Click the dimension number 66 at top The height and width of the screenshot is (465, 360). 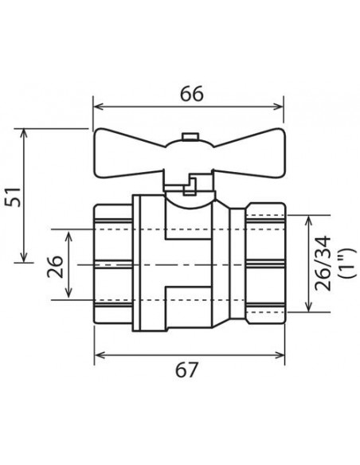click(192, 93)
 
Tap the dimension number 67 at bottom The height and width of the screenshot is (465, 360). click(186, 369)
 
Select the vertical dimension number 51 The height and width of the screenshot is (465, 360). click(14, 197)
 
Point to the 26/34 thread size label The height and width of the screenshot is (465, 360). click(323, 263)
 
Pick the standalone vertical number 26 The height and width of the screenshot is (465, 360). click(55, 267)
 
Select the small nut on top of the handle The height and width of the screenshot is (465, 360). click(190, 136)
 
